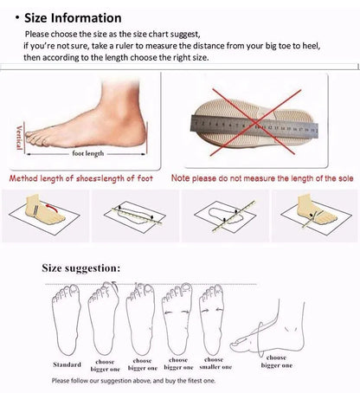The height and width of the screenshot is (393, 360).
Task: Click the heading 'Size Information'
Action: point(72,17)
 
